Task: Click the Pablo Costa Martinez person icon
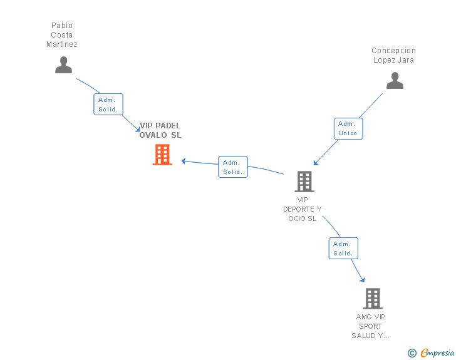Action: [x=63, y=65]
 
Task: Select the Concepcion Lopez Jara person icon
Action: [x=395, y=81]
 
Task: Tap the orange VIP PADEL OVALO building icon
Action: [x=162, y=155]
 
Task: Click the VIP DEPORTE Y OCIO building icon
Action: [x=304, y=182]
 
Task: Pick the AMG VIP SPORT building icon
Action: [x=373, y=299]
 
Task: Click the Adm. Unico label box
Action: [x=348, y=128]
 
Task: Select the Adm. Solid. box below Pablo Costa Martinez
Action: [x=108, y=105]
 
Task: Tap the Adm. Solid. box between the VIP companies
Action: [x=233, y=167]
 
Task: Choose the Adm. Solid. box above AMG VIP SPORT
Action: [x=343, y=249]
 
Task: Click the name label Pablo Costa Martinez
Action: [x=62, y=35]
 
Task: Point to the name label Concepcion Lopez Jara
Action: [x=393, y=55]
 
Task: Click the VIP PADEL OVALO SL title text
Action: [x=160, y=130]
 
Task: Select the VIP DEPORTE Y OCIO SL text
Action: [x=303, y=209]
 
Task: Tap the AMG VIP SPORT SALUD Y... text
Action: [x=370, y=326]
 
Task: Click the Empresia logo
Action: [x=437, y=352]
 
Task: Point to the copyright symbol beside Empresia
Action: [x=412, y=353]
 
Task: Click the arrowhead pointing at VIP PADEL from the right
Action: [x=184, y=161]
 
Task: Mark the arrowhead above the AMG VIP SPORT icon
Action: [x=362, y=280]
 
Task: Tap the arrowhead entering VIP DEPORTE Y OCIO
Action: [x=316, y=163]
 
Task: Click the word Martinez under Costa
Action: [x=62, y=44]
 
